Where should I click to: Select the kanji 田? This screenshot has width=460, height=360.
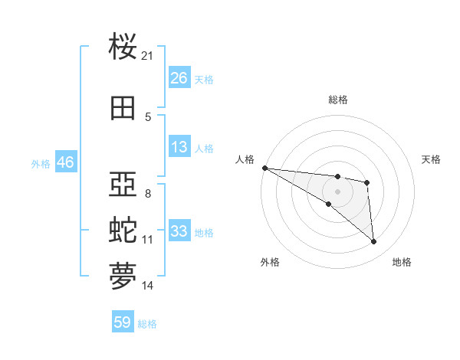pyautogui.click(x=123, y=108)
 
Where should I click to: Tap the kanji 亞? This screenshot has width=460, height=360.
pyautogui.click(x=123, y=185)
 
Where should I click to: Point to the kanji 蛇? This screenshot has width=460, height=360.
pyautogui.click(x=123, y=230)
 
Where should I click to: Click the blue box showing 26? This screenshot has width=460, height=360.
pyautogui.click(x=179, y=78)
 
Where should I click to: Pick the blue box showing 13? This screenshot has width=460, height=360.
pyautogui.click(x=179, y=147)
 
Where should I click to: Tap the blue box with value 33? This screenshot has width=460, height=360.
pyautogui.click(x=179, y=231)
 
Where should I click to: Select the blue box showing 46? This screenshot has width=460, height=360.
pyautogui.click(x=65, y=162)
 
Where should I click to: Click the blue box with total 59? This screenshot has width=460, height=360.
pyautogui.click(x=123, y=322)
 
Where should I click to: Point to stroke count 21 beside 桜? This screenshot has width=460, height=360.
pyautogui.click(x=148, y=56)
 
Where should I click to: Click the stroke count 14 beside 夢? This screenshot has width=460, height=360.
pyautogui.click(x=148, y=286)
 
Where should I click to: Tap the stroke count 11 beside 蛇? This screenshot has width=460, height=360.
pyautogui.click(x=148, y=239)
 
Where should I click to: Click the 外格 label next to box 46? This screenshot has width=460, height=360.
pyautogui.click(x=41, y=163)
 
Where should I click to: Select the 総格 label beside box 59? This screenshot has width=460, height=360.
pyautogui.click(x=147, y=323)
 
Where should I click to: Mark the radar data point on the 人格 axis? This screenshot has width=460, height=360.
pyautogui.click(x=264, y=168)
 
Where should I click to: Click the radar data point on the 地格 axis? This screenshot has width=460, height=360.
pyautogui.click(x=374, y=242)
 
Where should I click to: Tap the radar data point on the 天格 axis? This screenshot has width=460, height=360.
pyautogui.click(x=367, y=182)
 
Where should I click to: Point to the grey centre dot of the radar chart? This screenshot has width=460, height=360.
pyautogui.click(x=337, y=191)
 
